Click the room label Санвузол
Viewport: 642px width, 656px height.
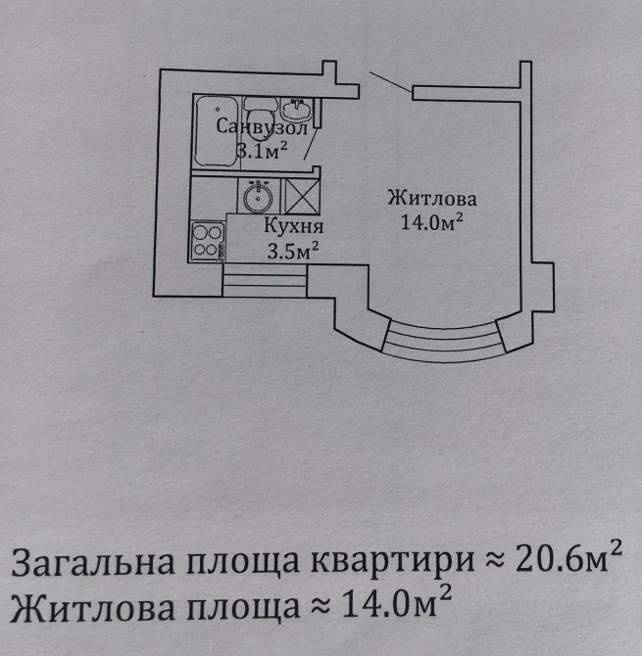(262, 126)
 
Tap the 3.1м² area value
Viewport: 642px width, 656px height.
(262, 151)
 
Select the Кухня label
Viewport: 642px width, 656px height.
(294, 226)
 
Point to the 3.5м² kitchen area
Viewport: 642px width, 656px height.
(293, 251)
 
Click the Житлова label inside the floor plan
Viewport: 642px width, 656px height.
(432, 198)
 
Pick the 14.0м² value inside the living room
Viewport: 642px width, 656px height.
(432, 221)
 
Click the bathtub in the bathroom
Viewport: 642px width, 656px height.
(217, 132)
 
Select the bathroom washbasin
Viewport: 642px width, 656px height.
(296, 110)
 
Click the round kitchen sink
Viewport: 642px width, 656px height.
(259, 197)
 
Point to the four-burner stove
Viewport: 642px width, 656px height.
(208, 242)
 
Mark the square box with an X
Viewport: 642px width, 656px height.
(303, 197)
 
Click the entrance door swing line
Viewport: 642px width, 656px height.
(390, 82)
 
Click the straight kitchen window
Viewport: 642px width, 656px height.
(265, 280)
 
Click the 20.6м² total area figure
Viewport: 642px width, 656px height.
(568, 559)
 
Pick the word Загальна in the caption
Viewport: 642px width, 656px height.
(93, 561)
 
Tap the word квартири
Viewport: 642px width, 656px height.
(393, 561)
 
